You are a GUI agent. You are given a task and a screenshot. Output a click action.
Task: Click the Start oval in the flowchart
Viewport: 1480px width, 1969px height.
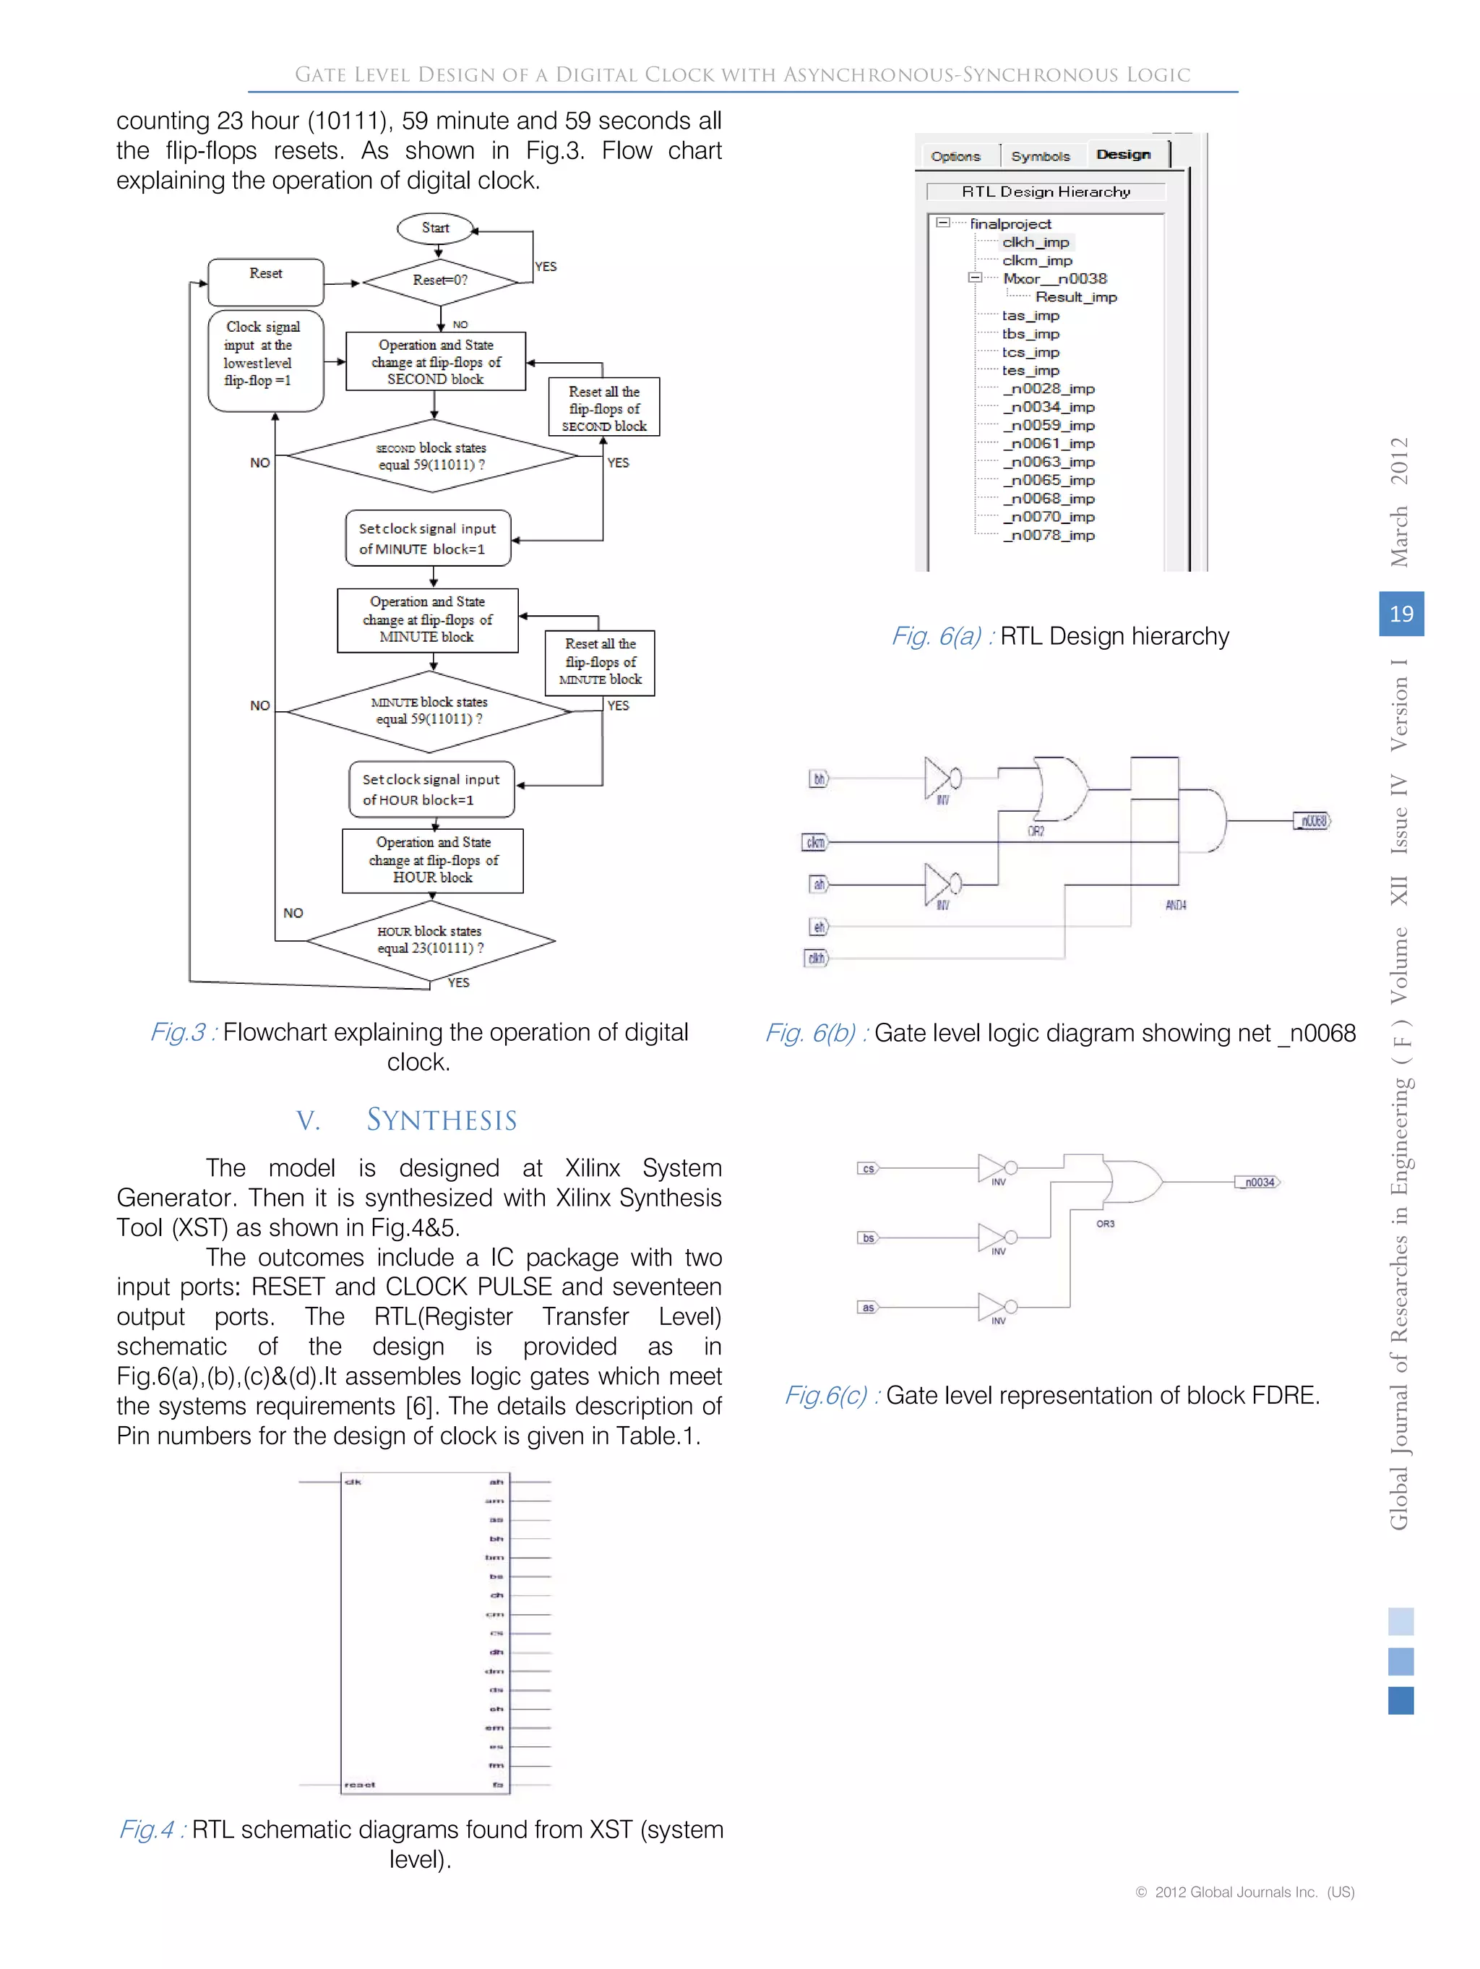tap(435, 228)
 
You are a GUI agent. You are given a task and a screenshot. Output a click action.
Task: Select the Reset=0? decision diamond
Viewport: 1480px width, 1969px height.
tap(439, 280)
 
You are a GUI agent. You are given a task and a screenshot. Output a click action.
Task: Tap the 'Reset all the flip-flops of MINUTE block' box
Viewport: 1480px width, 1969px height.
tap(600, 662)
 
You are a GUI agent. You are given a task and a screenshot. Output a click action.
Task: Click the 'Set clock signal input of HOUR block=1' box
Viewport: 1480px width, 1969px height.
tap(431, 789)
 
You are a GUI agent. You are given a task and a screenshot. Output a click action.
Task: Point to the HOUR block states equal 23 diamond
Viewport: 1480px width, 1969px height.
tap(431, 940)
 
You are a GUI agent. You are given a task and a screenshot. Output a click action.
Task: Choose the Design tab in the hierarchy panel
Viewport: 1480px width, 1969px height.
tap(1123, 155)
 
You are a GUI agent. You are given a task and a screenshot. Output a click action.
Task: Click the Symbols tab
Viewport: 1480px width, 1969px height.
tap(1041, 157)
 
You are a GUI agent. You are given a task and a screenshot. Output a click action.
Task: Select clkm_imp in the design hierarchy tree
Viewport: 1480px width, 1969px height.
tap(1037, 261)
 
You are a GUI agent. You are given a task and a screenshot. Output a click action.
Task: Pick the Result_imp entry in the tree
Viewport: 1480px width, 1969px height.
tap(1076, 297)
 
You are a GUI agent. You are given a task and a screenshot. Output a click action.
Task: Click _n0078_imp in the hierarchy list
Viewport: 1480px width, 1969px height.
tap(1049, 535)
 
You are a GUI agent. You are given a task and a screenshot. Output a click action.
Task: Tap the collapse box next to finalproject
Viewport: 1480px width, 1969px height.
tap(942, 223)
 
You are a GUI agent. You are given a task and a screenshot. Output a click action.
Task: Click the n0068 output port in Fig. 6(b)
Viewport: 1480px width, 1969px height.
tap(1312, 820)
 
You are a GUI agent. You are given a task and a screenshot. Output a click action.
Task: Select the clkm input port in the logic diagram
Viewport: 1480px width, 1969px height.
tap(815, 842)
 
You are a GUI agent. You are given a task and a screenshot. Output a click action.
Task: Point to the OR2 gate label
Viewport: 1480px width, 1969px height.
tap(1036, 831)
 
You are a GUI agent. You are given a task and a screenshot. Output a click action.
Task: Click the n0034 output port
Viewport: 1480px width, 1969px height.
tap(1258, 1182)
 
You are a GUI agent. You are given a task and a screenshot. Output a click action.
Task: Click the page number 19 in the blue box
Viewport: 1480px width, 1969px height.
tap(1401, 613)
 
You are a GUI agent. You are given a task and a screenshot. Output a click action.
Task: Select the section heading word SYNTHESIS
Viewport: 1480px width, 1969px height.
tap(442, 1120)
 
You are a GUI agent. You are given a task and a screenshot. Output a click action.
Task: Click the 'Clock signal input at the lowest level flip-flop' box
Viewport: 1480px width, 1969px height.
tap(265, 361)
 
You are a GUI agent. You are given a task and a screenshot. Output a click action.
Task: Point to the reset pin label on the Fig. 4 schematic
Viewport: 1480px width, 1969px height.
tap(360, 1785)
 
